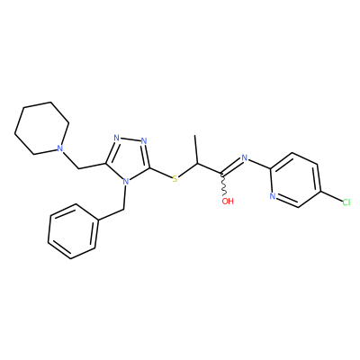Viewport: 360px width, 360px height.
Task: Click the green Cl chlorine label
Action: [346, 202]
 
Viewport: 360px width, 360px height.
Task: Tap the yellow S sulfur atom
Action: [175, 179]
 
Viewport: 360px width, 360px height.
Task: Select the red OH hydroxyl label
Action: [228, 201]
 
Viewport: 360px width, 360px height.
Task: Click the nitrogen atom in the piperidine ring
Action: [60, 148]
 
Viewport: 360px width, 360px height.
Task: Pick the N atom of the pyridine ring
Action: [273, 196]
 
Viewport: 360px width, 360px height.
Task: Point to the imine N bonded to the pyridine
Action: [244, 157]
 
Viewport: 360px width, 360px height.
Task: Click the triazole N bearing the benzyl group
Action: [126, 182]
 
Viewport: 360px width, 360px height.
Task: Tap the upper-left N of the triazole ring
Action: [117, 139]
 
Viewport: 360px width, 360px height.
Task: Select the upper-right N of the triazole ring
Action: [144, 140]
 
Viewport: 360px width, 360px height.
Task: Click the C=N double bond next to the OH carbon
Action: [231, 166]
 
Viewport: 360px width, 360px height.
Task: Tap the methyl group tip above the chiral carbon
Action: [195, 136]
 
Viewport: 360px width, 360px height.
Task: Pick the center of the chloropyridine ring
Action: [295, 180]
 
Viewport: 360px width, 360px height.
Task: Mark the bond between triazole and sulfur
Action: [161, 173]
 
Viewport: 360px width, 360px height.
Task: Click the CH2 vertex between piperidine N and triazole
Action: [78, 168]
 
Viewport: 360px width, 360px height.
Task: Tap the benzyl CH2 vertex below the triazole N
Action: [123, 209]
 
